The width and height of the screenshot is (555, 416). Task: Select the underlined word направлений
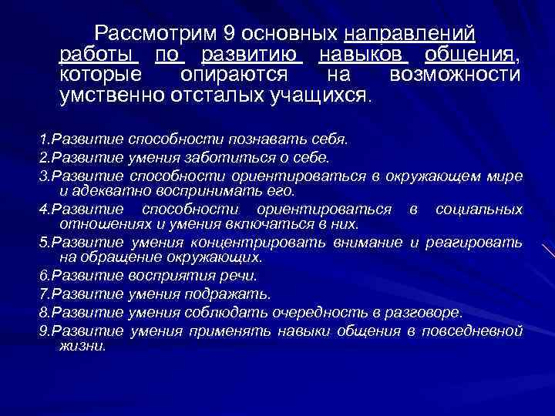[410, 35]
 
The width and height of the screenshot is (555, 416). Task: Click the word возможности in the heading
[455, 75]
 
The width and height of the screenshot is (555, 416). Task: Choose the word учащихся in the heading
[322, 96]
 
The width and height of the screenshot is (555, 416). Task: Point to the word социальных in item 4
[479, 210]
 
